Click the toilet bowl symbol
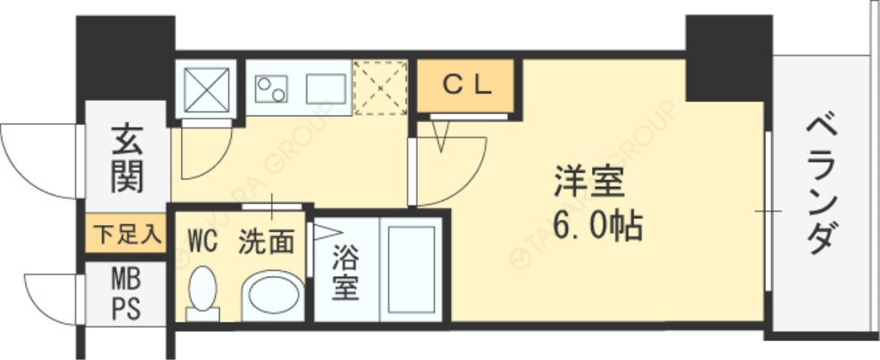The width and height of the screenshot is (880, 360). click(x=203, y=293)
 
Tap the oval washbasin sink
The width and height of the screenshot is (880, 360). click(x=272, y=296)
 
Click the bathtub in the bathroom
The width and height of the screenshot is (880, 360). click(x=410, y=269)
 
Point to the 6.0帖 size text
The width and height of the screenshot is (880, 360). click(x=598, y=225)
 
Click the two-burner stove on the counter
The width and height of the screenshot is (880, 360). click(x=271, y=88)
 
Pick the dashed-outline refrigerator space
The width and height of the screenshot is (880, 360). click(x=380, y=88)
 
